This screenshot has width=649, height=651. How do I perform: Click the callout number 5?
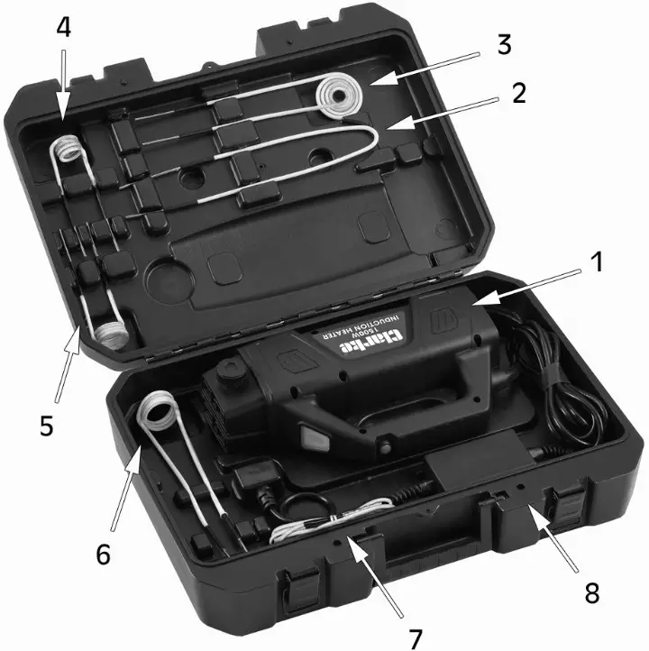click(47, 424)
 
